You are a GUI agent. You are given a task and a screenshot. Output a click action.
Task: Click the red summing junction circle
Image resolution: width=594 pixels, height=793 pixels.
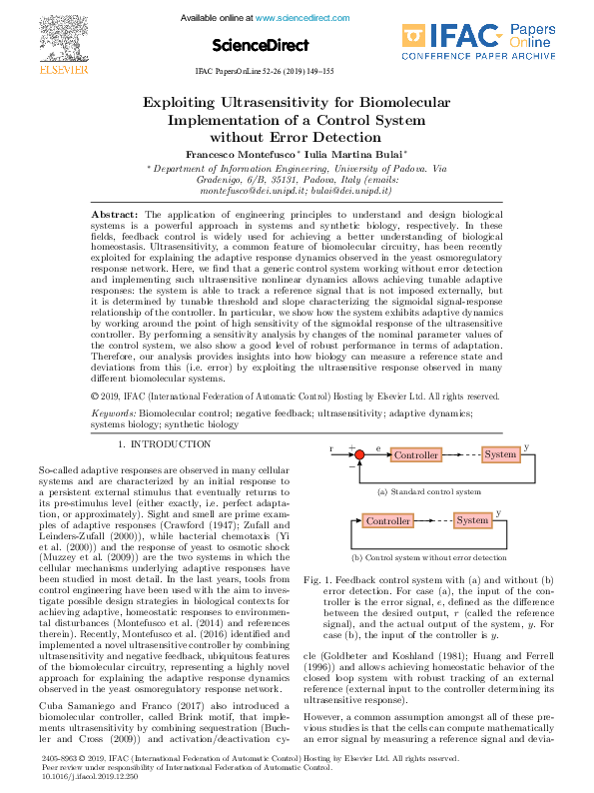(x=361, y=455)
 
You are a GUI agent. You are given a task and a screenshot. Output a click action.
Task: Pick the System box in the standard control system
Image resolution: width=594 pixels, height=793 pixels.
(x=500, y=454)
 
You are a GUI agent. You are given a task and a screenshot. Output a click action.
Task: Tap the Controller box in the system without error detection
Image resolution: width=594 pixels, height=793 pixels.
(x=387, y=521)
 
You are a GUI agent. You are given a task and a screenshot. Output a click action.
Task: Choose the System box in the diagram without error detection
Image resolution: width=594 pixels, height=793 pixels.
(x=471, y=521)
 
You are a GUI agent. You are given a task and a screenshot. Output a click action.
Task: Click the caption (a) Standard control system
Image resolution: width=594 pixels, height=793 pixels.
(x=429, y=492)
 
